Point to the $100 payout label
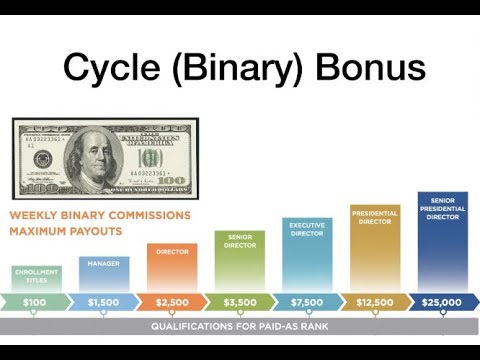(35, 301)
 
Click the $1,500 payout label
(103, 301)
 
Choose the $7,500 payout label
(306, 301)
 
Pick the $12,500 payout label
(374, 301)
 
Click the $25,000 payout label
(441, 301)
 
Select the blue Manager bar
(103, 272)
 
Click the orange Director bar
(171, 266)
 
